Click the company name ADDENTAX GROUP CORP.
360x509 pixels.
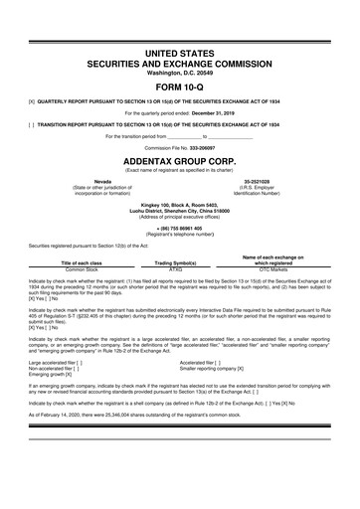(x=179, y=158)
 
